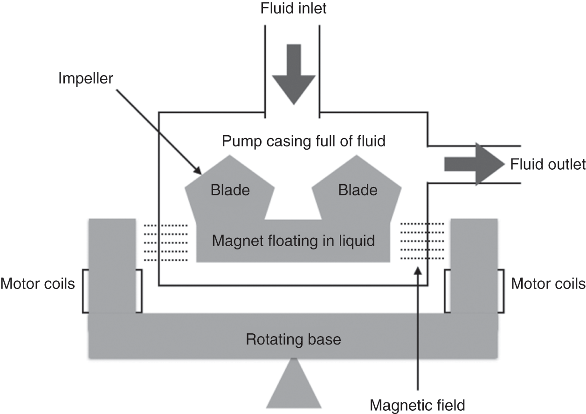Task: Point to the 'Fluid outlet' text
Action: pos(547,164)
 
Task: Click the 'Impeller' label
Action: pos(86,78)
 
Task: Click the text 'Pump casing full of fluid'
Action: pos(303,141)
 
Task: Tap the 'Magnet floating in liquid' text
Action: pos(293,241)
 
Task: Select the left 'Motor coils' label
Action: pos(38,283)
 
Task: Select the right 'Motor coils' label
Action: pos(548,283)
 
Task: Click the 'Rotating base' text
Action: pos(293,339)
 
